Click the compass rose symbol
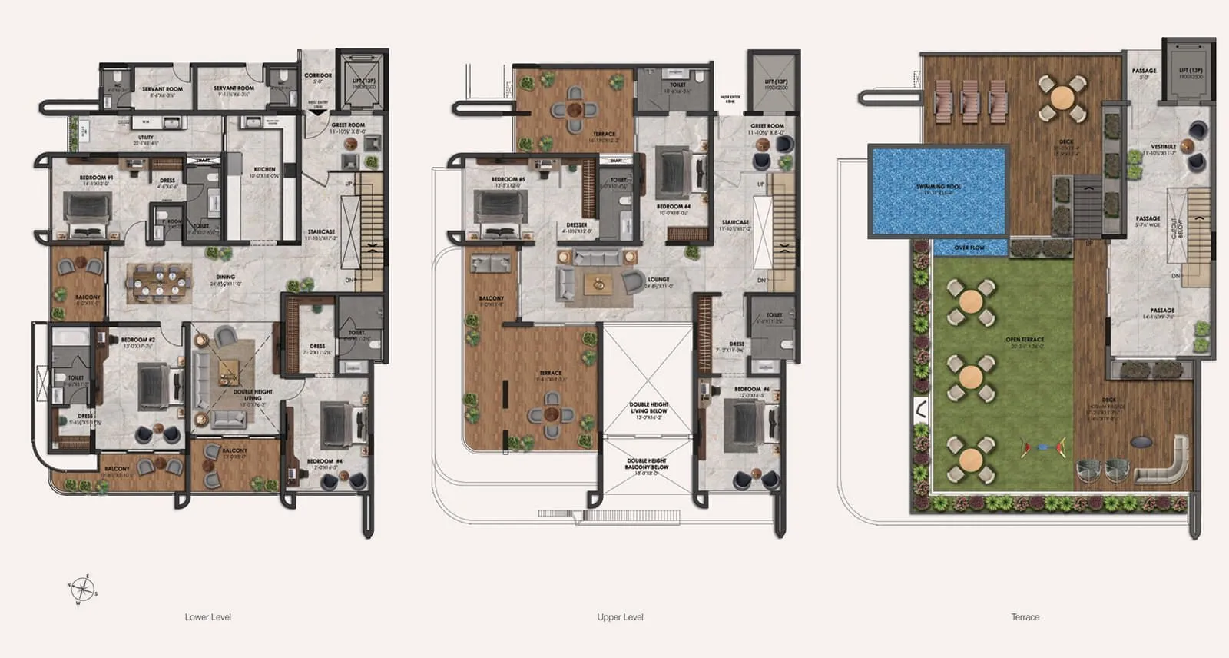[82, 590]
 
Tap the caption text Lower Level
[207, 617]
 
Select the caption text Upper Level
[620, 617]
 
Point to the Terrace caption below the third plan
[1025, 617]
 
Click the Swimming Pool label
[938, 187]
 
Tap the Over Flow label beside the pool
[969, 248]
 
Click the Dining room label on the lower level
[226, 277]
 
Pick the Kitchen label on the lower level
[264, 169]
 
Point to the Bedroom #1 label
[96, 178]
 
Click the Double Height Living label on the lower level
[253, 395]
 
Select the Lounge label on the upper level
[658, 280]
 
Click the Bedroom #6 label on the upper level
[747, 390]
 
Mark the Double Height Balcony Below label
[647, 464]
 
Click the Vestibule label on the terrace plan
[1163, 146]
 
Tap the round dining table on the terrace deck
[1062, 98]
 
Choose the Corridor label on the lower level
[318, 75]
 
